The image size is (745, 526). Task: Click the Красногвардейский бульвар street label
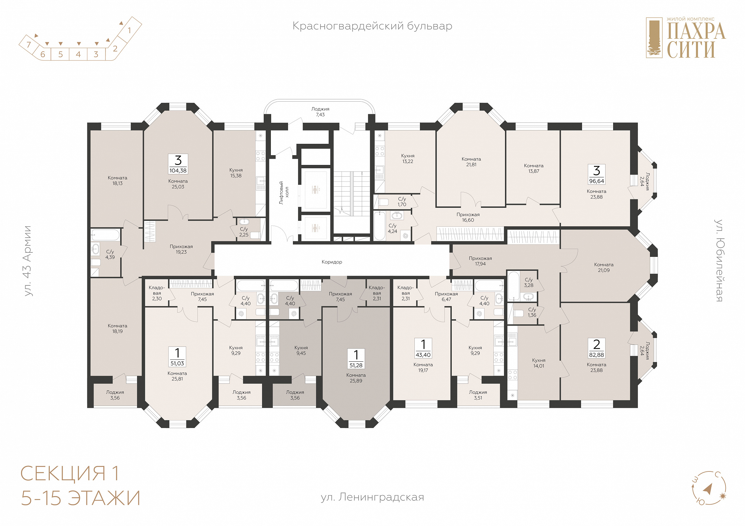tap(372, 26)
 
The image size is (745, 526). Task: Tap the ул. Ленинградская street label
tap(372, 497)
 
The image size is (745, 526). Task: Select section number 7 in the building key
tap(29, 44)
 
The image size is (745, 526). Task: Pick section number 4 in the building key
tap(78, 54)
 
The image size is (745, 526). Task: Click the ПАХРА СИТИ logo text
tap(696, 40)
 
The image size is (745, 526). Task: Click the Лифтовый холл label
tap(284, 193)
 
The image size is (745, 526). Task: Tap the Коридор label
tap(332, 262)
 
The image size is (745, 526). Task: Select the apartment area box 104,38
tap(178, 164)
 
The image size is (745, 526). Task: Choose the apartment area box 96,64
tap(597, 175)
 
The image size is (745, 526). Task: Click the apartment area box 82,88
tap(597, 348)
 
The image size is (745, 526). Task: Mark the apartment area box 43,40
tap(423, 348)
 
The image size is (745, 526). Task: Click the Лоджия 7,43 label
tap(320, 112)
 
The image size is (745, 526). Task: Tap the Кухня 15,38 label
tap(236, 173)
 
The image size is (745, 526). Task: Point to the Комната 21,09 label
tap(604, 267)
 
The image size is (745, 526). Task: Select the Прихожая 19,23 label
tap(181, 249)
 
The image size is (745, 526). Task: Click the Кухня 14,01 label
tap(538, 363)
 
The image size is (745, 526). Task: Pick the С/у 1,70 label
tap(402, 201)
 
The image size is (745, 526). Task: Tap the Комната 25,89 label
tap(356, 378)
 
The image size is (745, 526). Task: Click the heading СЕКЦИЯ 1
tap(70, 473)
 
